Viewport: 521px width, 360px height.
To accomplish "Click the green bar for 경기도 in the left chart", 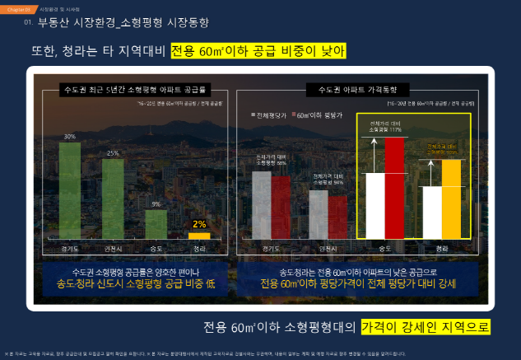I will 70,189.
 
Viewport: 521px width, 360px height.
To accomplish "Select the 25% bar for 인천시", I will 113,198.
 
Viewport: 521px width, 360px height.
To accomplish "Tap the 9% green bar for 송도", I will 156,224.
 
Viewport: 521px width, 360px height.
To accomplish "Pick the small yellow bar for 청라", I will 199,235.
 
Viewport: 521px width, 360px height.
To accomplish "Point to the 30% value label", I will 70,137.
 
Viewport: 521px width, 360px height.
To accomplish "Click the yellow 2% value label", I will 199,223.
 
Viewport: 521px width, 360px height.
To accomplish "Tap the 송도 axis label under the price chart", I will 384,247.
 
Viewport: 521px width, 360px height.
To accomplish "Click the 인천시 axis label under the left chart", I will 113,247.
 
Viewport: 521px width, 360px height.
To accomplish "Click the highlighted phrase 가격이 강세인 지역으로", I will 426,327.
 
